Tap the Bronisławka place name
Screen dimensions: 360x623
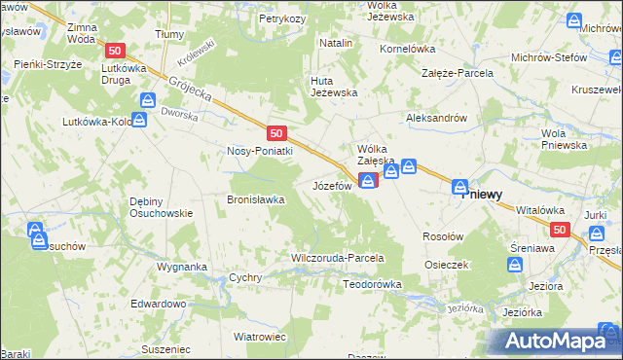(x=255, y=199)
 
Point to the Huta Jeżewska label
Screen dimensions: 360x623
(x=334, y=86)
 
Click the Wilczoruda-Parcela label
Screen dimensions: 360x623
(x=338, y=259)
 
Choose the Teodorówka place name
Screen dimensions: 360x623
(x=372, y=284)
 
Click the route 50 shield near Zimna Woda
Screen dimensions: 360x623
(x=116, y=51)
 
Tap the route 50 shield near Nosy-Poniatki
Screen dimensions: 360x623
(x=277, y=132)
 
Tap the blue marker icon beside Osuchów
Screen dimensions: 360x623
(x=36, y=233)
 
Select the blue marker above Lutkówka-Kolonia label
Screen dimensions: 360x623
(x=140, y=119)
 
